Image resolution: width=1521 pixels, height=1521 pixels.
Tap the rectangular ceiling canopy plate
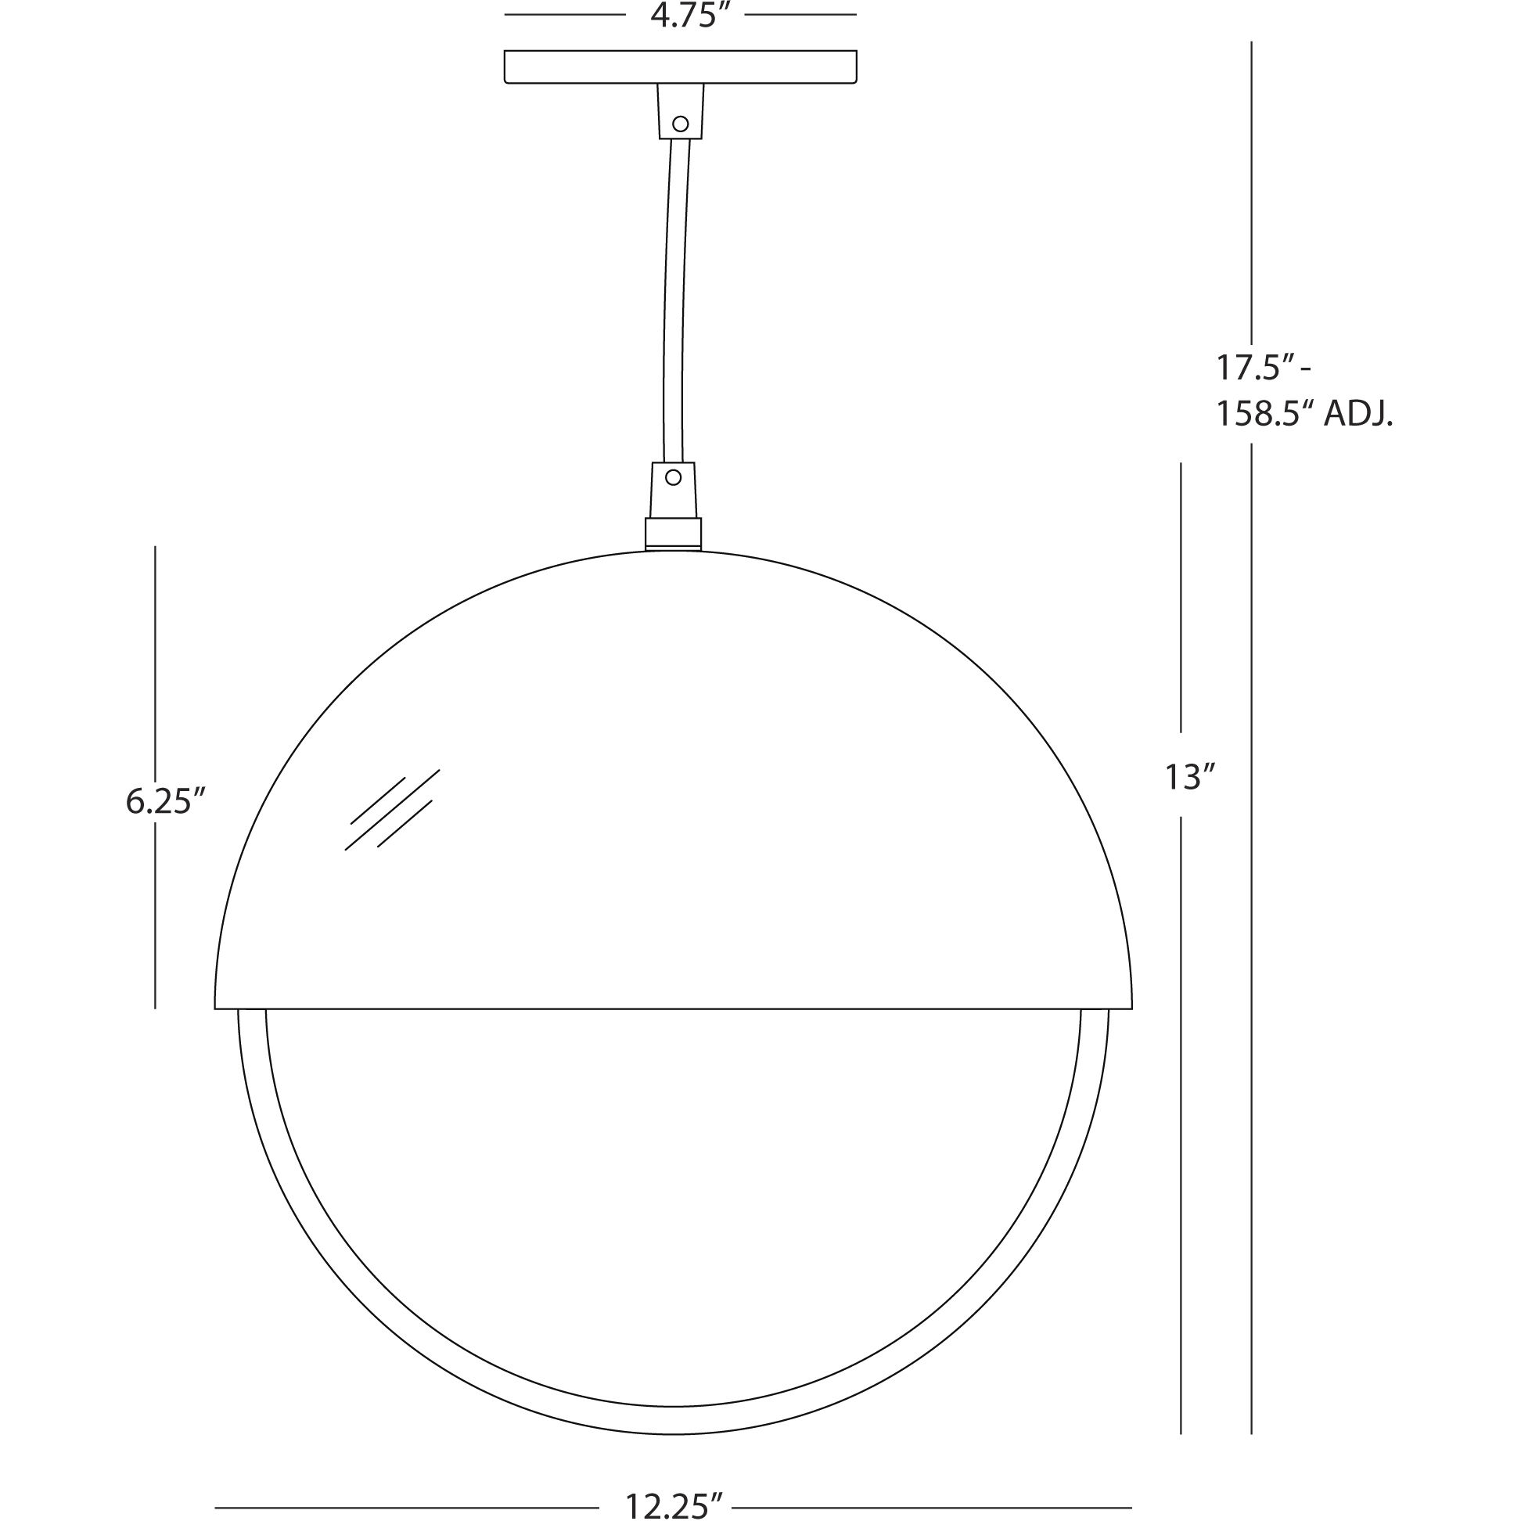point(680,67)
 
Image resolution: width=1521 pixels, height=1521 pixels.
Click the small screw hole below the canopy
point(681,124)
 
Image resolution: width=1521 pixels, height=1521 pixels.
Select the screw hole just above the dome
point(673,477)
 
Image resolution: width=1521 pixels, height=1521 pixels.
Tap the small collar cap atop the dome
point(673,533)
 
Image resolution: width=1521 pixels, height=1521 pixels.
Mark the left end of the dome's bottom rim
point(217,1007)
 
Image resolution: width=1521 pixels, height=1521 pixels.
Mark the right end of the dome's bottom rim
point(1131,1007)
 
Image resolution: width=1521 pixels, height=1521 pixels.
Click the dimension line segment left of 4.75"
point(564,15)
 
